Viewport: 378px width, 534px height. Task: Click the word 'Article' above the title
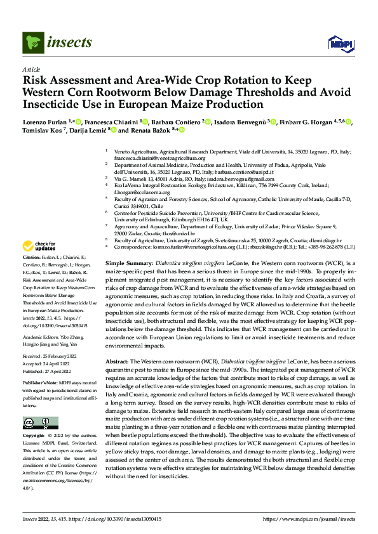[31, 69]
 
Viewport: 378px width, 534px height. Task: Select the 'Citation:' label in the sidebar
[32, 258]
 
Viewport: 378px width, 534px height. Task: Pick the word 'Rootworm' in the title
[95, 92]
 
